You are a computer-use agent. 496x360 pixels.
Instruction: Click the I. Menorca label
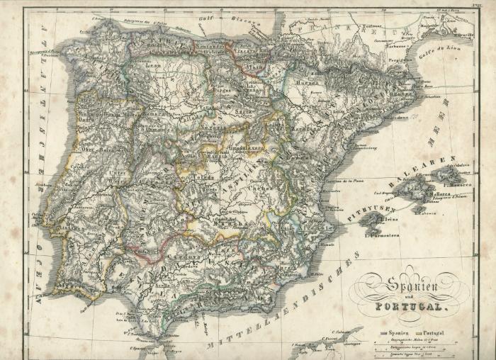coord(461,184)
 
